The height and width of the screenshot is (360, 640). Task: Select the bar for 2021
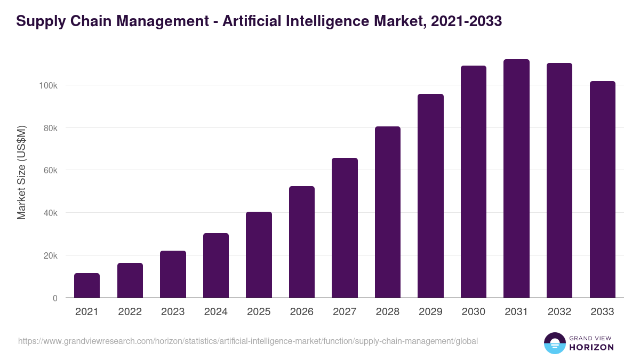pyautogui.click(x=87, y=285)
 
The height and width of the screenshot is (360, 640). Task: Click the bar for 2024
pyautogui.click(x=216, y=266)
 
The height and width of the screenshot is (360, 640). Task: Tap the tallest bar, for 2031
pyautogui.click(x=516, y=179)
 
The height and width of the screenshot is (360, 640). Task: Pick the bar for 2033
pyautogui.click(x=602, y=189)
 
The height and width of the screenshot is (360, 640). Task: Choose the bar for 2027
pyautogui.click(x=345, y=228)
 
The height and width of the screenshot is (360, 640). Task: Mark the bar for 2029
pyautogui.click(x=430, y=196)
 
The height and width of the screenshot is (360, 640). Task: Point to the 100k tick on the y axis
pyautogui.click(x=49, y=85)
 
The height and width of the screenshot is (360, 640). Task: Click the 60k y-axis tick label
pyautogui.click(x=51, y=170)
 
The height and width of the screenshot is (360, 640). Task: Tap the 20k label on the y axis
pyautogui.click(x=51, y=255)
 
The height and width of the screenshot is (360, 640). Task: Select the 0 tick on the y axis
pyautogui.click(x=55, y=298)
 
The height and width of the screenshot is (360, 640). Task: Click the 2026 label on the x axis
pyautogui.click(x=302, y=312)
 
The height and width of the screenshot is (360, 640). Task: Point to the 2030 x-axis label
pyautogui.click(x=474, y=312)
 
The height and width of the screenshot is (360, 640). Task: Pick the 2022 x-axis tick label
pyautogui.click(x=130, y=312)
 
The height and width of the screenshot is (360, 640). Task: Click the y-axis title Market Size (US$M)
pyautogui.click(x=21, y=172)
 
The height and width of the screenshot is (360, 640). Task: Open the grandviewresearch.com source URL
pyautogui.click(x=248, y=341)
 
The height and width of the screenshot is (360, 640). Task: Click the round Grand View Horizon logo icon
pyautogui.click(x=554, y=343)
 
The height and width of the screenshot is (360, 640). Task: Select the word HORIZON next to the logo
pyautogui.click(x=591, y=347)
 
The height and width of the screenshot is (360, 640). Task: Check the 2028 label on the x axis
pyautogui.click(x=388, y=312)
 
